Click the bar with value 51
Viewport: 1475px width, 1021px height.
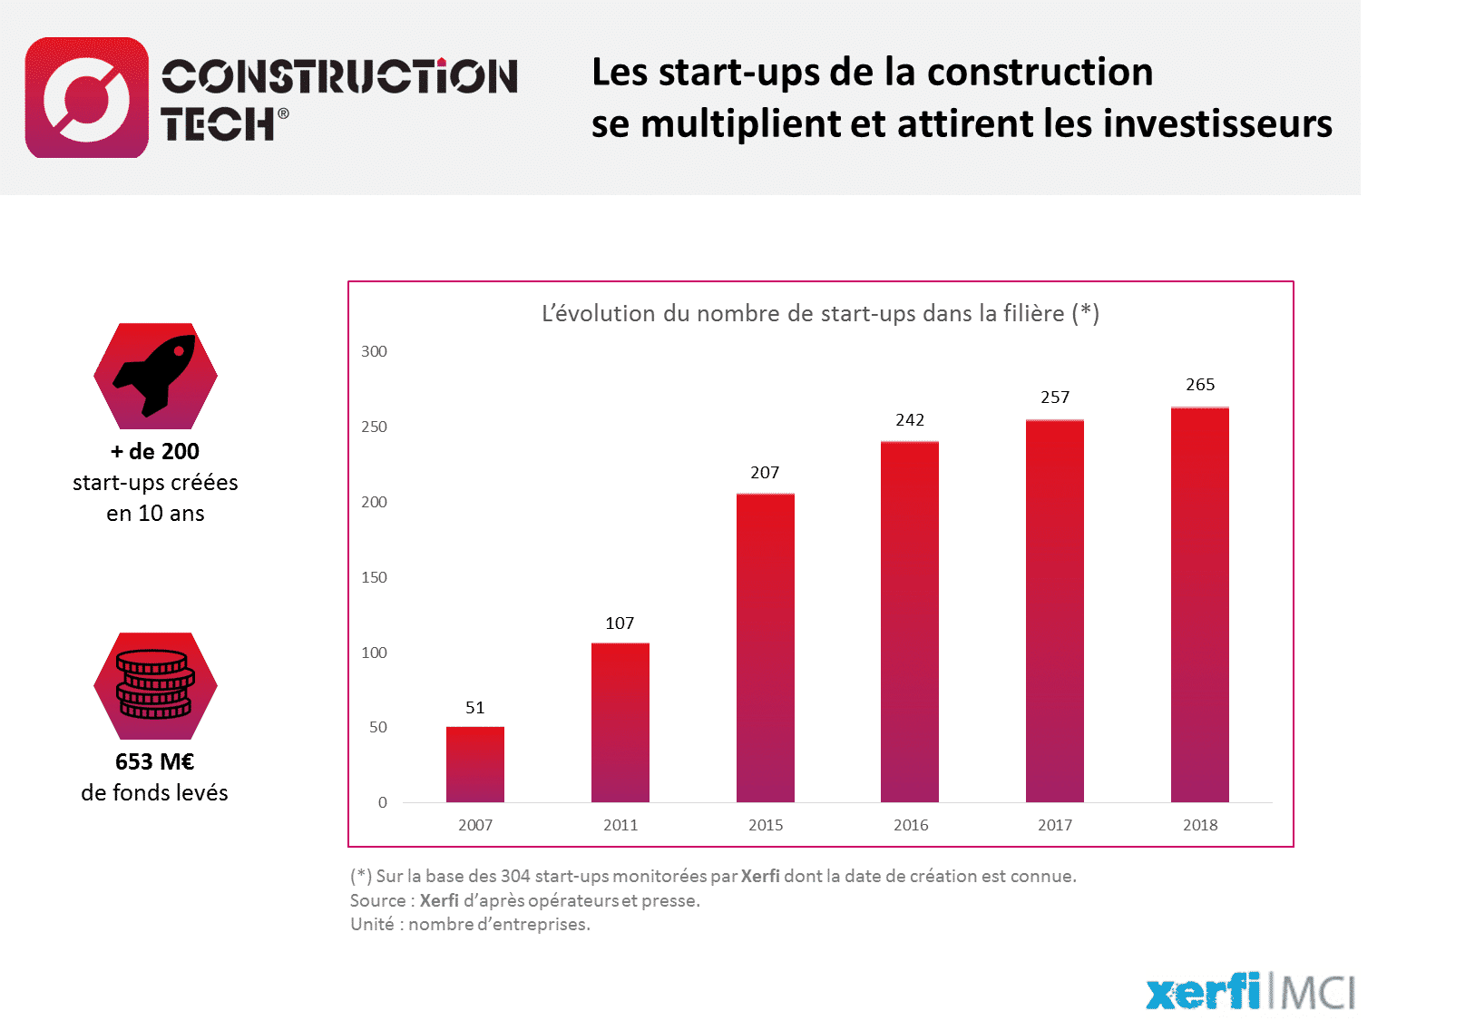(474, 764)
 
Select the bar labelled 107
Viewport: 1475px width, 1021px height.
(620, 722)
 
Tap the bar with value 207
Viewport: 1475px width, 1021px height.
(765, 647)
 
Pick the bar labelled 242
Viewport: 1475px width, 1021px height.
(910, 621)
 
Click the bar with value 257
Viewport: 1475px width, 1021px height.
(1055, 610)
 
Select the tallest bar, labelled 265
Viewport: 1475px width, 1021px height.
(1200, 604)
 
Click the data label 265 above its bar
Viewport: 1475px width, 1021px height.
(1200, 385)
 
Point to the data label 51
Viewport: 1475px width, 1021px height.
(474, 708)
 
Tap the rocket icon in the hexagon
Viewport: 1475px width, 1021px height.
(155, 376)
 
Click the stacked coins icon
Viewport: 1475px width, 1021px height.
(155, 685)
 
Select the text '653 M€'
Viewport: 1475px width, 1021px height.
(155, 761)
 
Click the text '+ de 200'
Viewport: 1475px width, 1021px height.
(155, 451)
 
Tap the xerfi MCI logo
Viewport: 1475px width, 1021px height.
(1252, 992)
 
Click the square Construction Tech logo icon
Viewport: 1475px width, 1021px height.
(87, 97)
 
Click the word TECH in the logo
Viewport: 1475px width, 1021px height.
(218, 124)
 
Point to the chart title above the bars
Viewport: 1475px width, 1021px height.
(821, 314)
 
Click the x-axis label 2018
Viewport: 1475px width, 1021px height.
(1200, 825)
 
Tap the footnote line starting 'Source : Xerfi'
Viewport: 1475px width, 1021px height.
(524, 900)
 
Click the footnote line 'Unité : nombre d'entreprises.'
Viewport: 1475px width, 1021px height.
(470, 924)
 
